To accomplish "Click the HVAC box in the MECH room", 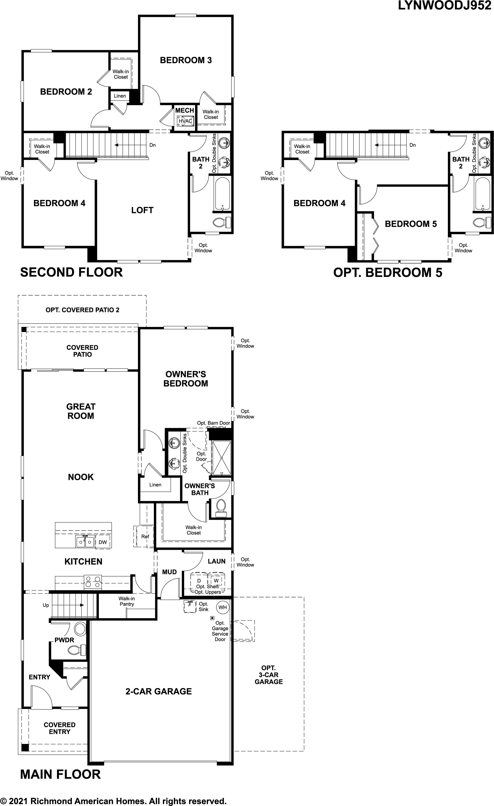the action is [x=185, y=121].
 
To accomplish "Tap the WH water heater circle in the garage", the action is [x=222, y=607].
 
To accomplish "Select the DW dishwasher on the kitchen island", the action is [x=103, y=542].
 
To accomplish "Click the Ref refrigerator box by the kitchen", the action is [x=145, y=536].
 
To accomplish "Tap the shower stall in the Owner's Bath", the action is [x=221, y=458].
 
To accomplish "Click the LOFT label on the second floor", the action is [x=142, y=210].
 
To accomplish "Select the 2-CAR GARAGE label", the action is [x=158, y=691].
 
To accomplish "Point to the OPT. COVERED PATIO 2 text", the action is [x=82, y=310].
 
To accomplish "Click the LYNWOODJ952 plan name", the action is [x=444, y=6].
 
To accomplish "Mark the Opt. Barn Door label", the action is [x=214, y=423].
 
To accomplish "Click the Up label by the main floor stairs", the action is [x=46, y=605].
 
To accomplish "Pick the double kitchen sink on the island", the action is [x=85, y=542].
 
